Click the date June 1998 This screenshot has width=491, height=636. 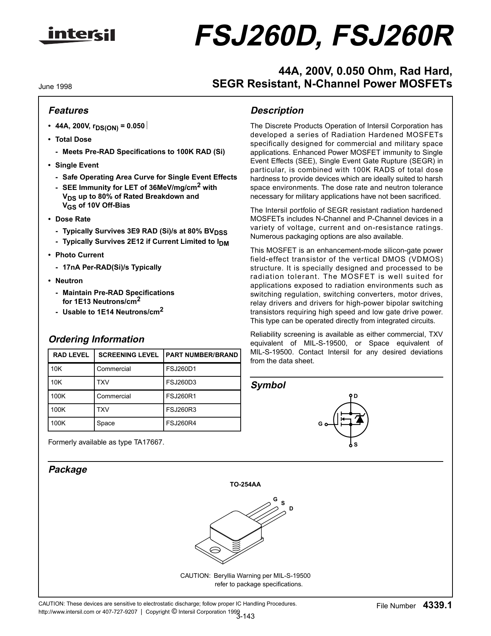pos(55,87)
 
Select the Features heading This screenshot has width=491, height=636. pos(68,111)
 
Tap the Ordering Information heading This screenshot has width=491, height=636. pos(96,339)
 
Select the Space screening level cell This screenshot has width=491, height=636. pos(106,423)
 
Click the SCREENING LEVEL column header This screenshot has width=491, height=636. pos(129,355)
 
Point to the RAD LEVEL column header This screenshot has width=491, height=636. pos(71,355)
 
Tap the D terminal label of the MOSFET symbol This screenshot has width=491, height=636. pos(356,396)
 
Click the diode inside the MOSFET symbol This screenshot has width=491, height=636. pos(360,419)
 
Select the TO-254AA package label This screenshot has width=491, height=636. pos(245,485)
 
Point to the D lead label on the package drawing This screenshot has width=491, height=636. pos(291,508)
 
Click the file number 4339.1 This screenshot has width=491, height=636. pos(437,606)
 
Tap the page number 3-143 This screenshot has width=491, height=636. pos(245,616)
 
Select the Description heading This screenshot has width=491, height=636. pos(277,111)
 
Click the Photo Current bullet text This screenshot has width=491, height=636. pos(79,255)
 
